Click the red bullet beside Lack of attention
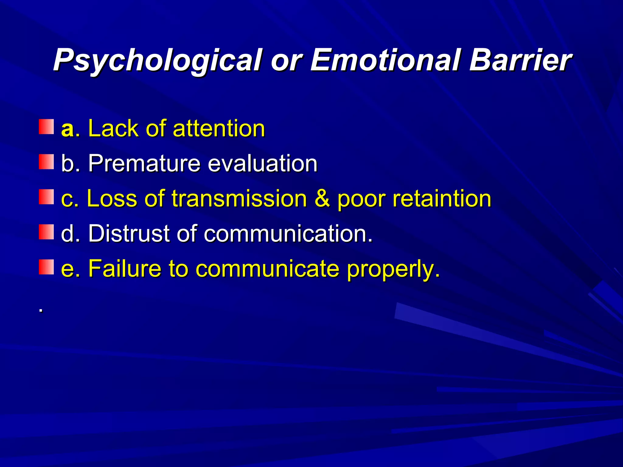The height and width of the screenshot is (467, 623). [46, 127]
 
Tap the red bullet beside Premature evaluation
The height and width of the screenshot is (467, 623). [46, 162]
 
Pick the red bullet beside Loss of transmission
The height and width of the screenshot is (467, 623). [46, 197]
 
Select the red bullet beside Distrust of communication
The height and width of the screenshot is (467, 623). [46, 232]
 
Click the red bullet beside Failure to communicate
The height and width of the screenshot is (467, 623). [46, 267]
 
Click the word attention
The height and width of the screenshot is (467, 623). [219, 129]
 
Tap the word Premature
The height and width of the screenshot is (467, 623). [144, 164]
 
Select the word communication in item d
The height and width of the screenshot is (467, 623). [287, 233]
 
